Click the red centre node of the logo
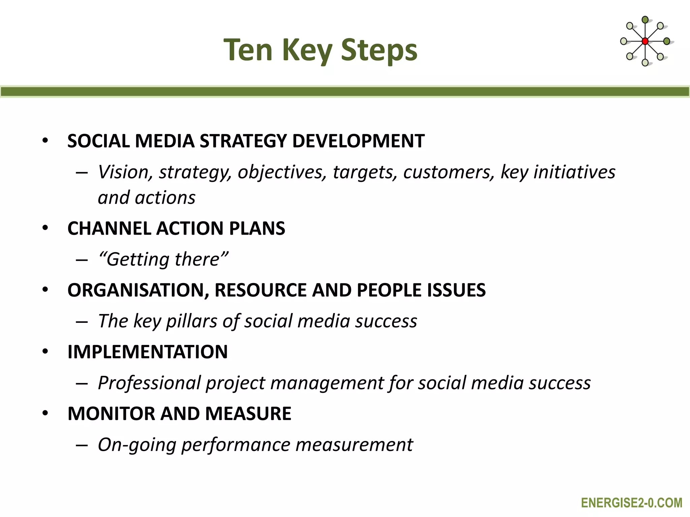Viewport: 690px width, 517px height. click(x=645, y=41)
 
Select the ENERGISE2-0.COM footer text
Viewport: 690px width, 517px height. click(x=631, y=503)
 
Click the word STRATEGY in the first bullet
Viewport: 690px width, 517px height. click(x=243, y=141)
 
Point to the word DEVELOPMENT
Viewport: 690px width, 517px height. click(x=358, y=141)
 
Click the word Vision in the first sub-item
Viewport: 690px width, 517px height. click(x=123, y=172)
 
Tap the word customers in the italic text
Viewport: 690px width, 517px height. click(x=448, y=172)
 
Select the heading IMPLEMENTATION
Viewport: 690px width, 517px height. click(x=148, y=352)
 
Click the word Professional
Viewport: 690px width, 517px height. click(x=149, y=383)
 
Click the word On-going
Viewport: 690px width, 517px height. click(x=136, y=445)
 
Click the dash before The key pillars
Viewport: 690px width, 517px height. click(x=82, y=322)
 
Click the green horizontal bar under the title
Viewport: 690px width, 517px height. click(x=345, y=92)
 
